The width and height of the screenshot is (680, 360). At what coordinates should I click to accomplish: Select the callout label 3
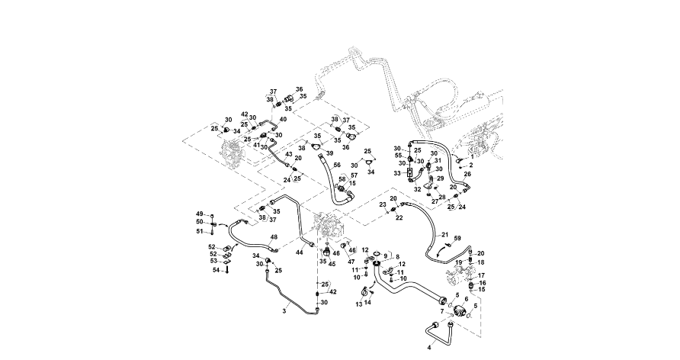(x=285, y=311)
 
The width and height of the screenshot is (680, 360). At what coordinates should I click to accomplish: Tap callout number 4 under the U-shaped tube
(x=429, y=347)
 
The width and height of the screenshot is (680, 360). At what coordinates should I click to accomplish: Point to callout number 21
(x=445, y=235)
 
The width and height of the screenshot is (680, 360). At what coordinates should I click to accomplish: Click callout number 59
(x=458, y=239)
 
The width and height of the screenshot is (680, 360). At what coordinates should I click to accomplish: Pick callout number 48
(x=274, y=237)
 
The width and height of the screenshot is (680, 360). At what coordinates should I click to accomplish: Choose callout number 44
(x=300, y=252)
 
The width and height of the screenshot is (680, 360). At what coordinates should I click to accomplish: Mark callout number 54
(x=216, y=270)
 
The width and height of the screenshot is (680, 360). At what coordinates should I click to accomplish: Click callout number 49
(x=200, y=213)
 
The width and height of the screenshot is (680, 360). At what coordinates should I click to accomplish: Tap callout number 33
(x=397, y=174)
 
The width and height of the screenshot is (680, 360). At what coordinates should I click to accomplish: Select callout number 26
(x=468, y=175)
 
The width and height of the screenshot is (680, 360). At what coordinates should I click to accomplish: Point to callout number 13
(x=358, y=304)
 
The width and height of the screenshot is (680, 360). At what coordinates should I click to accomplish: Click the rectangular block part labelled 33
(x=409, y=174)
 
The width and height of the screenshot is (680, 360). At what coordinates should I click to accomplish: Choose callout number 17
(x=481, y=275)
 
